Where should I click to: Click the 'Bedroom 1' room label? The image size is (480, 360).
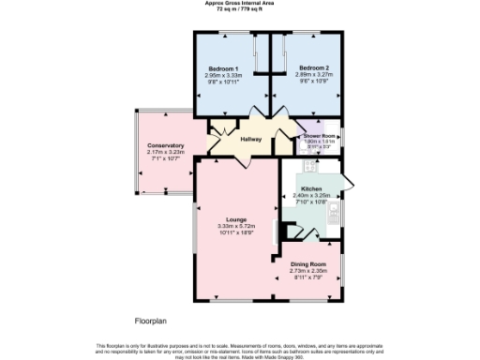224,69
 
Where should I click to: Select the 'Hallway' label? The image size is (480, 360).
250,140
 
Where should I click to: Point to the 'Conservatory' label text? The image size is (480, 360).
164,145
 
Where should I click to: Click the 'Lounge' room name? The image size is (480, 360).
235,219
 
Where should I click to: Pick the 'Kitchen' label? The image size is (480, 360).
312,188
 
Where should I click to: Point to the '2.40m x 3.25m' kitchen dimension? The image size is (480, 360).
312,195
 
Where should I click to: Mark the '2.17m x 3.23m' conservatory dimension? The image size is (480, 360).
164,152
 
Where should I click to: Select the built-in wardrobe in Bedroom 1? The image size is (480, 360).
259,53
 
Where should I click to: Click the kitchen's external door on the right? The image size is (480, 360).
347,183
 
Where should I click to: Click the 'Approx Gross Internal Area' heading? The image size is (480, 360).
240,3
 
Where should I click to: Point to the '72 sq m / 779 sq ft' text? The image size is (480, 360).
240,8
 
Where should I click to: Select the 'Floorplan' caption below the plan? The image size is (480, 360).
149,320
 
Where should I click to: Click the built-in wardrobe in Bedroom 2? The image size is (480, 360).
279,53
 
